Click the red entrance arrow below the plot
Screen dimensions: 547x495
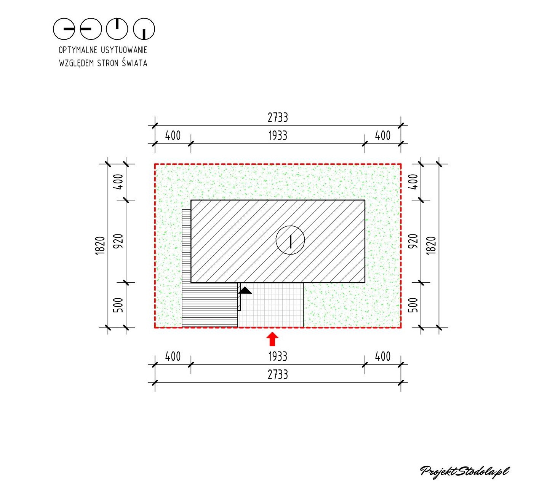tap(272, 339)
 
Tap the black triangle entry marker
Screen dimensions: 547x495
tap(245, 290)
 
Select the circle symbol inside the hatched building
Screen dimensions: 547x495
tap(290, 240)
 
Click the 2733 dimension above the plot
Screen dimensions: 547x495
tap(278, 118)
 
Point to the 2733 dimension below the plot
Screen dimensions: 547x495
tap(278, 375)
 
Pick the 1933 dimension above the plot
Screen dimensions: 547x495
tap(278, 136)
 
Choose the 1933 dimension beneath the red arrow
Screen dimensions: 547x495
tap(278, 357)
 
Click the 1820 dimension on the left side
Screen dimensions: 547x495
tap(100, 246)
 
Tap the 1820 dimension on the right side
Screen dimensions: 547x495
tap(431, 246)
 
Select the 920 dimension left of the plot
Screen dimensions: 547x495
tap(118, 241)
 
